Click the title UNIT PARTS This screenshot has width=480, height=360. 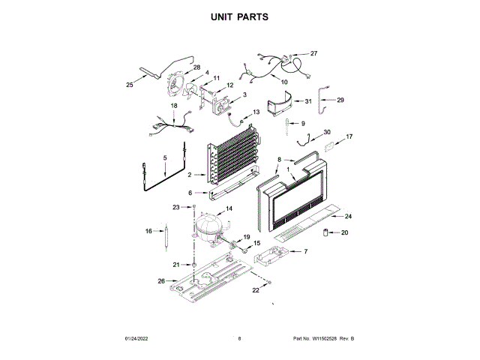coord(239,16)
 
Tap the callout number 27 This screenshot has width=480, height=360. coord(313,53)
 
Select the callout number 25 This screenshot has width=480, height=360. coord(129,85)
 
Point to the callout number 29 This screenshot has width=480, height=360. coord(340,100)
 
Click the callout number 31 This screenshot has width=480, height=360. coord(307,101)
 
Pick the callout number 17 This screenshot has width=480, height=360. coord(348,137)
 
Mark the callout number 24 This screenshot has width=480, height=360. coord(347,216)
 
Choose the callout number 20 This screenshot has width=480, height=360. coord(345,232)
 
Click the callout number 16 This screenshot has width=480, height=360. coord(148,231)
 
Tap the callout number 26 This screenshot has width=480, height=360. coord(160,281)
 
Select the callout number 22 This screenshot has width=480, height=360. coord(255,289)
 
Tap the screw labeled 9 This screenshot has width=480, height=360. coord(287,124)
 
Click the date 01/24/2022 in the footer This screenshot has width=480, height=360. coord(137,339)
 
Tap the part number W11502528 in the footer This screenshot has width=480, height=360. coord(328,339)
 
